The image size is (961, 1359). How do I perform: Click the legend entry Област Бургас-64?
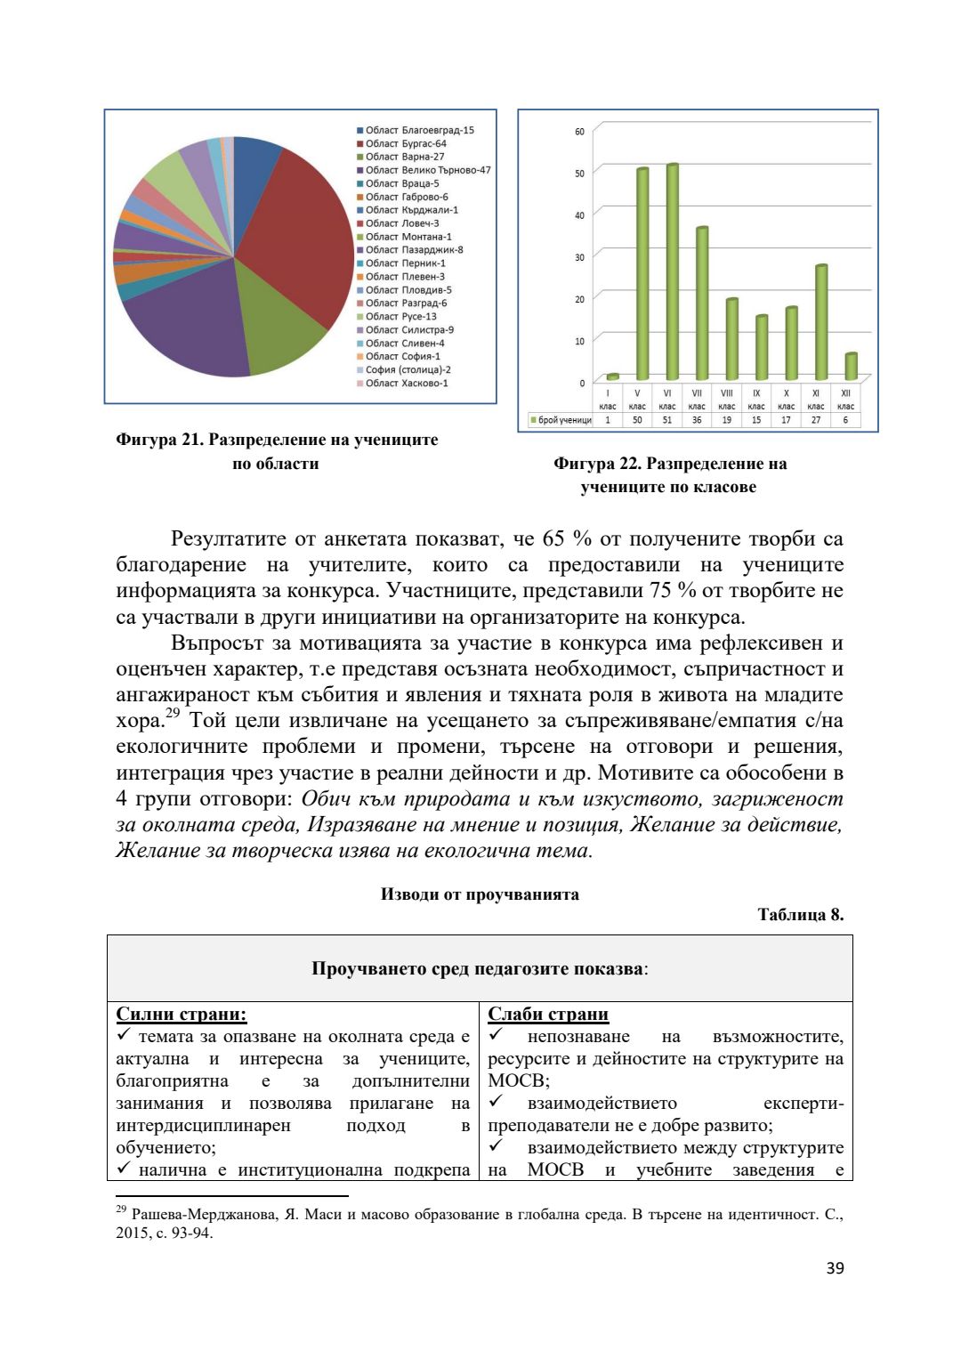point(406,143)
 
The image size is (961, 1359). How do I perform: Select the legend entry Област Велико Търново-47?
point(427,170)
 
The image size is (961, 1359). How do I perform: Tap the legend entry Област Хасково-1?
point(407,384)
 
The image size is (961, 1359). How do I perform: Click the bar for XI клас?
point(821,321)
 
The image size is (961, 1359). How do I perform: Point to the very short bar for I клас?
point(612,376)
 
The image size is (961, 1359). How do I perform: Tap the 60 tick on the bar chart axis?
point(579,132)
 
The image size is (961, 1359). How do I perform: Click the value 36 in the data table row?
point(697,420)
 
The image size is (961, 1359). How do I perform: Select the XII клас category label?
point(845,399)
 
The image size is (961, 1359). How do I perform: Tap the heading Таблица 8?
point(800,915)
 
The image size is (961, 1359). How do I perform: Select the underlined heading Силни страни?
point(182,1014)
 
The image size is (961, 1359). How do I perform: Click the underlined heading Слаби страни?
point(548,1014)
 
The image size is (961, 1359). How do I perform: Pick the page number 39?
point(835,1268)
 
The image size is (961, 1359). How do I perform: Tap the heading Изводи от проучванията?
point(480,894)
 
